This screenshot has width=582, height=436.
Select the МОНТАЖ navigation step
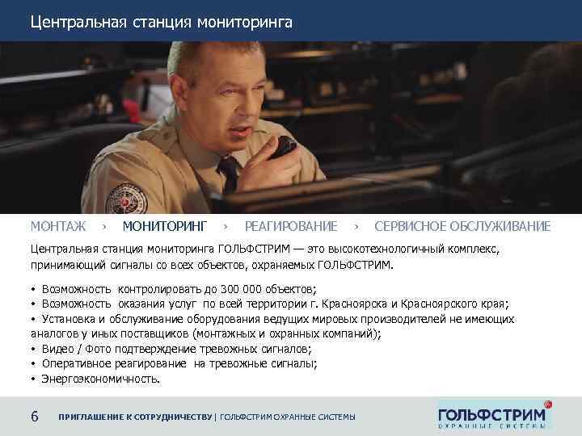click(x=58, y=226)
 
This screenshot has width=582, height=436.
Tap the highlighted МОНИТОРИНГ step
click(x=165, y=226)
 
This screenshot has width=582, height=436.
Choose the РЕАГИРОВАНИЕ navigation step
click(x=291, y=226)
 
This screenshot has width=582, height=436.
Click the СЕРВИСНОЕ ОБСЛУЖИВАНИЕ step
click(x=462, y=226)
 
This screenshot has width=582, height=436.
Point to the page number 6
click(x=34, y=417)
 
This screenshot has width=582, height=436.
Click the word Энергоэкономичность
click(x=100, y=378)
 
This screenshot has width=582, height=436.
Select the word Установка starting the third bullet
click(x=65, y=318)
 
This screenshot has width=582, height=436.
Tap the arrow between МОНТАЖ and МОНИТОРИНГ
click(x=105, y=226)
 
